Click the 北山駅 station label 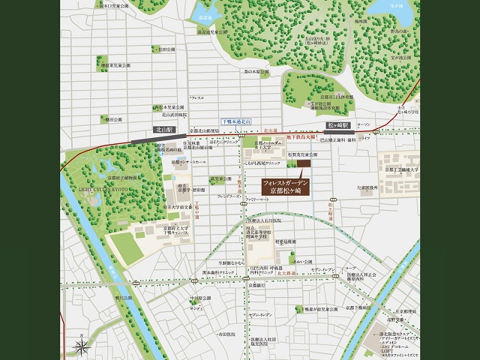160,129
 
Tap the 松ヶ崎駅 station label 334,125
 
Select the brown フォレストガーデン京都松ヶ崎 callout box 287,187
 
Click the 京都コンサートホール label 188,161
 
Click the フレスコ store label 196,97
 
